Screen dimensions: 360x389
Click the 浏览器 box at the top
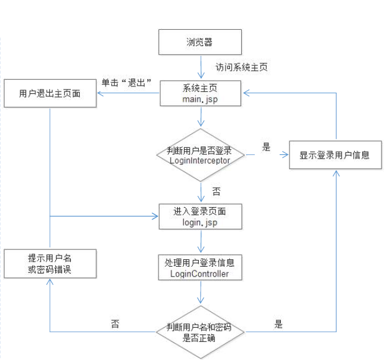tap(200, 42)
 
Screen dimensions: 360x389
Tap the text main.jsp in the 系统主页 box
tap(199, 99)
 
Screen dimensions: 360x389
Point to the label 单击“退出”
tap(127, 83)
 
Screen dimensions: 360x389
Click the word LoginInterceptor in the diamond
tap(199, 160)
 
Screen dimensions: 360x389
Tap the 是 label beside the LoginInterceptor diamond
tap(267, 147)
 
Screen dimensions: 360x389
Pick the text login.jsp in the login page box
tap(199, 222)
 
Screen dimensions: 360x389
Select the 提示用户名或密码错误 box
tap(50, 263)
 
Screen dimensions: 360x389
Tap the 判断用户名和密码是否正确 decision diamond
tap(199, 331)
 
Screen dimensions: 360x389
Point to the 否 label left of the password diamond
tap(115, 324)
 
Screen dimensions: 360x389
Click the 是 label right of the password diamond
tap(278, 324)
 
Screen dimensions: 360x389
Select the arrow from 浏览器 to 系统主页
tap(199, 67)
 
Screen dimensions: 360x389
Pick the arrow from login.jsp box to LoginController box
tap(199, 241)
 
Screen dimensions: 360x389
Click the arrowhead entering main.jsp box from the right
tap(246, 93)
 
